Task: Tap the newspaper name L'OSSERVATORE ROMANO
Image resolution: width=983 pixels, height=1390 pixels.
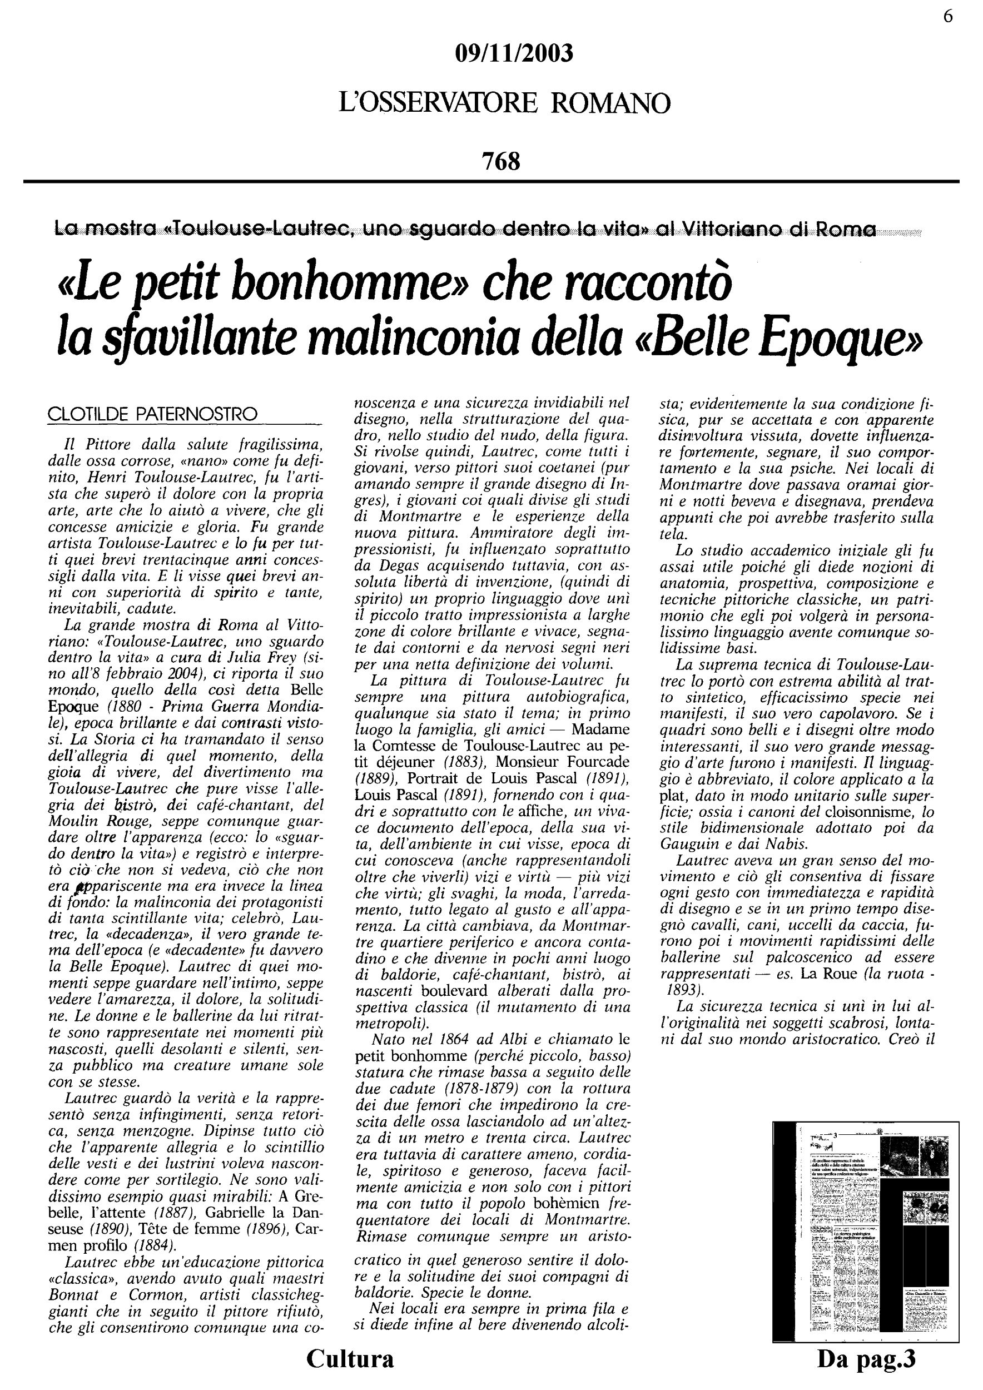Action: coord(505,103)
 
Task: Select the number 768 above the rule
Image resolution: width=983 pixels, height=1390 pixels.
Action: coord(501,162)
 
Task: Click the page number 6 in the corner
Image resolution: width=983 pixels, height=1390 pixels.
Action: coord(948,16)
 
